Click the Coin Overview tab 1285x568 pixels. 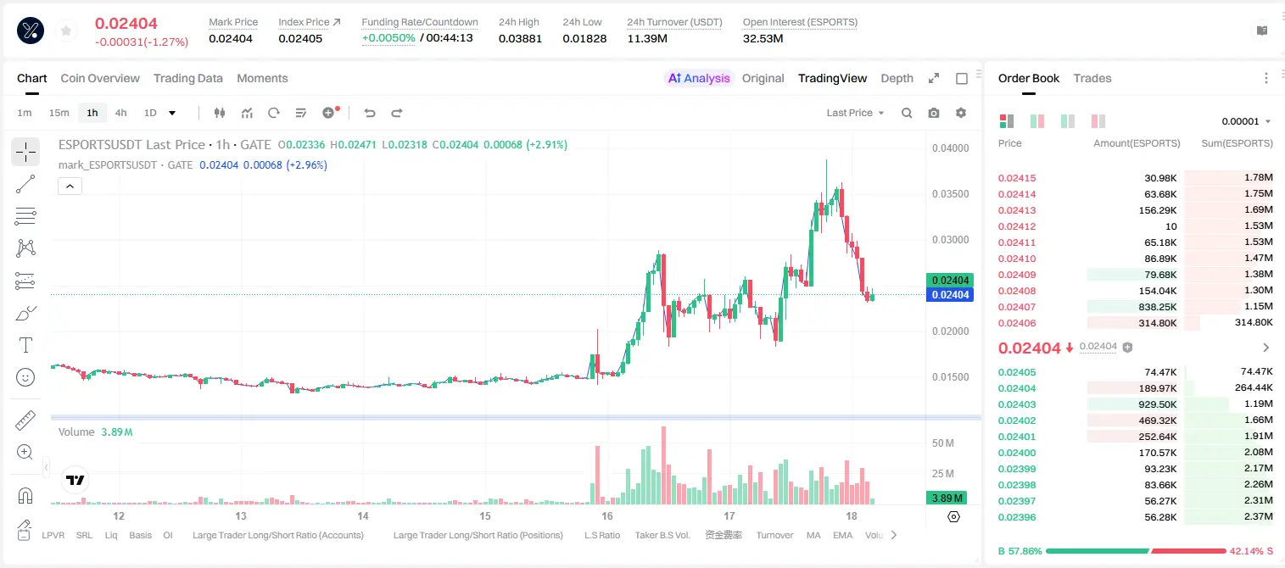coord(100,78)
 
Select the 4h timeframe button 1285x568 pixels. coord(120,113)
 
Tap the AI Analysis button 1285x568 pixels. coord(699,78)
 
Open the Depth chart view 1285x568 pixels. coord(897,78)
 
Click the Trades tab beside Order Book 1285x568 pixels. coord(1092,78)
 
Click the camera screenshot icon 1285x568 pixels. coord(934,113)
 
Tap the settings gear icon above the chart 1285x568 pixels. coord(961,113)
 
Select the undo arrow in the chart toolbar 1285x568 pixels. coord(370,113)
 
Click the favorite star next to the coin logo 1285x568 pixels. coord(66,31)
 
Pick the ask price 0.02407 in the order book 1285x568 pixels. coord(1016,307)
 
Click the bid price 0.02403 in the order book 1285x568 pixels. coord(1016,404)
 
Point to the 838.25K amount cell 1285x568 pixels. coord(1157,307)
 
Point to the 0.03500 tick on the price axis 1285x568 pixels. coord(950,194)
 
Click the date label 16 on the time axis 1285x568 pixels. coord(607,515)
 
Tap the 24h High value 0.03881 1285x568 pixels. coord(520,38)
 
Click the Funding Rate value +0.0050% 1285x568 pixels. coord(388,38)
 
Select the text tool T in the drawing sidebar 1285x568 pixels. coord(25,345)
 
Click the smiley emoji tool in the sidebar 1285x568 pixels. coord(25,377)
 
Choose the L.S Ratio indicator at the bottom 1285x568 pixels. coord(601,535)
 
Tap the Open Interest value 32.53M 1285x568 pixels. coord(763,38)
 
